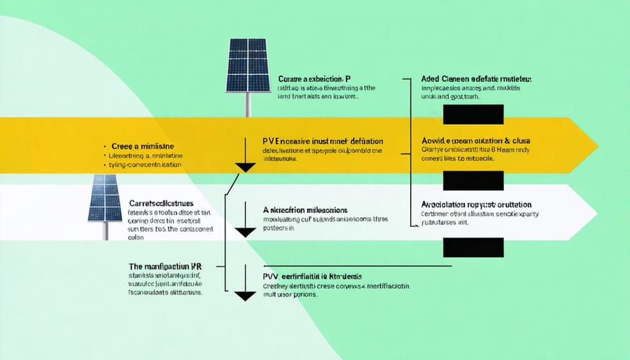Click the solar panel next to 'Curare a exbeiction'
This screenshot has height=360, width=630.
[248, 64]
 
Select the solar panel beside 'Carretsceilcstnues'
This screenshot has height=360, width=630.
[104, 198]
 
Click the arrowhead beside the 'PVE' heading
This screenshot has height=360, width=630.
[245, 167]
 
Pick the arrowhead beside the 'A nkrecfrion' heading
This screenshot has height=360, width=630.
[245, 231]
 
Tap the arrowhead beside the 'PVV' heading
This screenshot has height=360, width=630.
[245, 295]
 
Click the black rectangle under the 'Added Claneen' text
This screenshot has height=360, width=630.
[473, 114]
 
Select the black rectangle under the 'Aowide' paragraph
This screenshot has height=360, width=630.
[473, 181]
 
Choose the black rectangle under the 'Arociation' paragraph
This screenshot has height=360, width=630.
[473, 247]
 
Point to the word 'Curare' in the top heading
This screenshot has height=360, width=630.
[292, 79]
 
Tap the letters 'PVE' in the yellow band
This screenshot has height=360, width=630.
[271, 140]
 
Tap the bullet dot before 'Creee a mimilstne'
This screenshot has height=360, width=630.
[104, 146]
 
